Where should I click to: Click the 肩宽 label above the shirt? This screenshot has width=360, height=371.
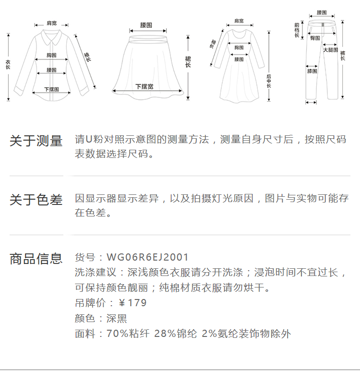[52, 23]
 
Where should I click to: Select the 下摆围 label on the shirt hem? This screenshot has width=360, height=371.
[51, 89]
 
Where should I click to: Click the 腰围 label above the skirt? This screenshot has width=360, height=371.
[146, 24]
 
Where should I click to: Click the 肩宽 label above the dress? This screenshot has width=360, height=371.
[239, 21]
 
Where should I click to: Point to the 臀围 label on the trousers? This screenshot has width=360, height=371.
[315, 37]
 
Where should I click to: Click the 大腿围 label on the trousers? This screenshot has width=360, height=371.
[331, 50]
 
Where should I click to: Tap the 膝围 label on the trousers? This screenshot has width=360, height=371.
[312, 71]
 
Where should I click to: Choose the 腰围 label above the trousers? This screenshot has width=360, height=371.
[322, 12]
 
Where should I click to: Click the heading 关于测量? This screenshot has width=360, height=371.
[36, 141]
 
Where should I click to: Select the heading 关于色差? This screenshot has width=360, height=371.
[36, 200]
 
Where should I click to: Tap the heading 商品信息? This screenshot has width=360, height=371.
[36, 259]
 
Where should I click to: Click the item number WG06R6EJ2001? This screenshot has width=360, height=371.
[148, 258]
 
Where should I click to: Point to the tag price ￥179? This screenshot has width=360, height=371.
[132, 303]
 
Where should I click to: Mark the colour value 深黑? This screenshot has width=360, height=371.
[117, 318]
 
